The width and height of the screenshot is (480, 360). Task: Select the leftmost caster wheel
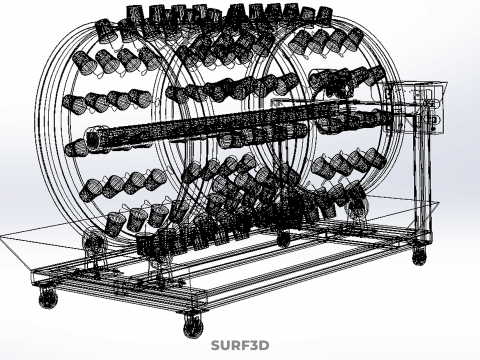coord(47,297)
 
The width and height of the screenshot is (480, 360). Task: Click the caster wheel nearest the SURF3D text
coord(191,324)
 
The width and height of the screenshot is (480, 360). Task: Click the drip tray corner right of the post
coord(437,204)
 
